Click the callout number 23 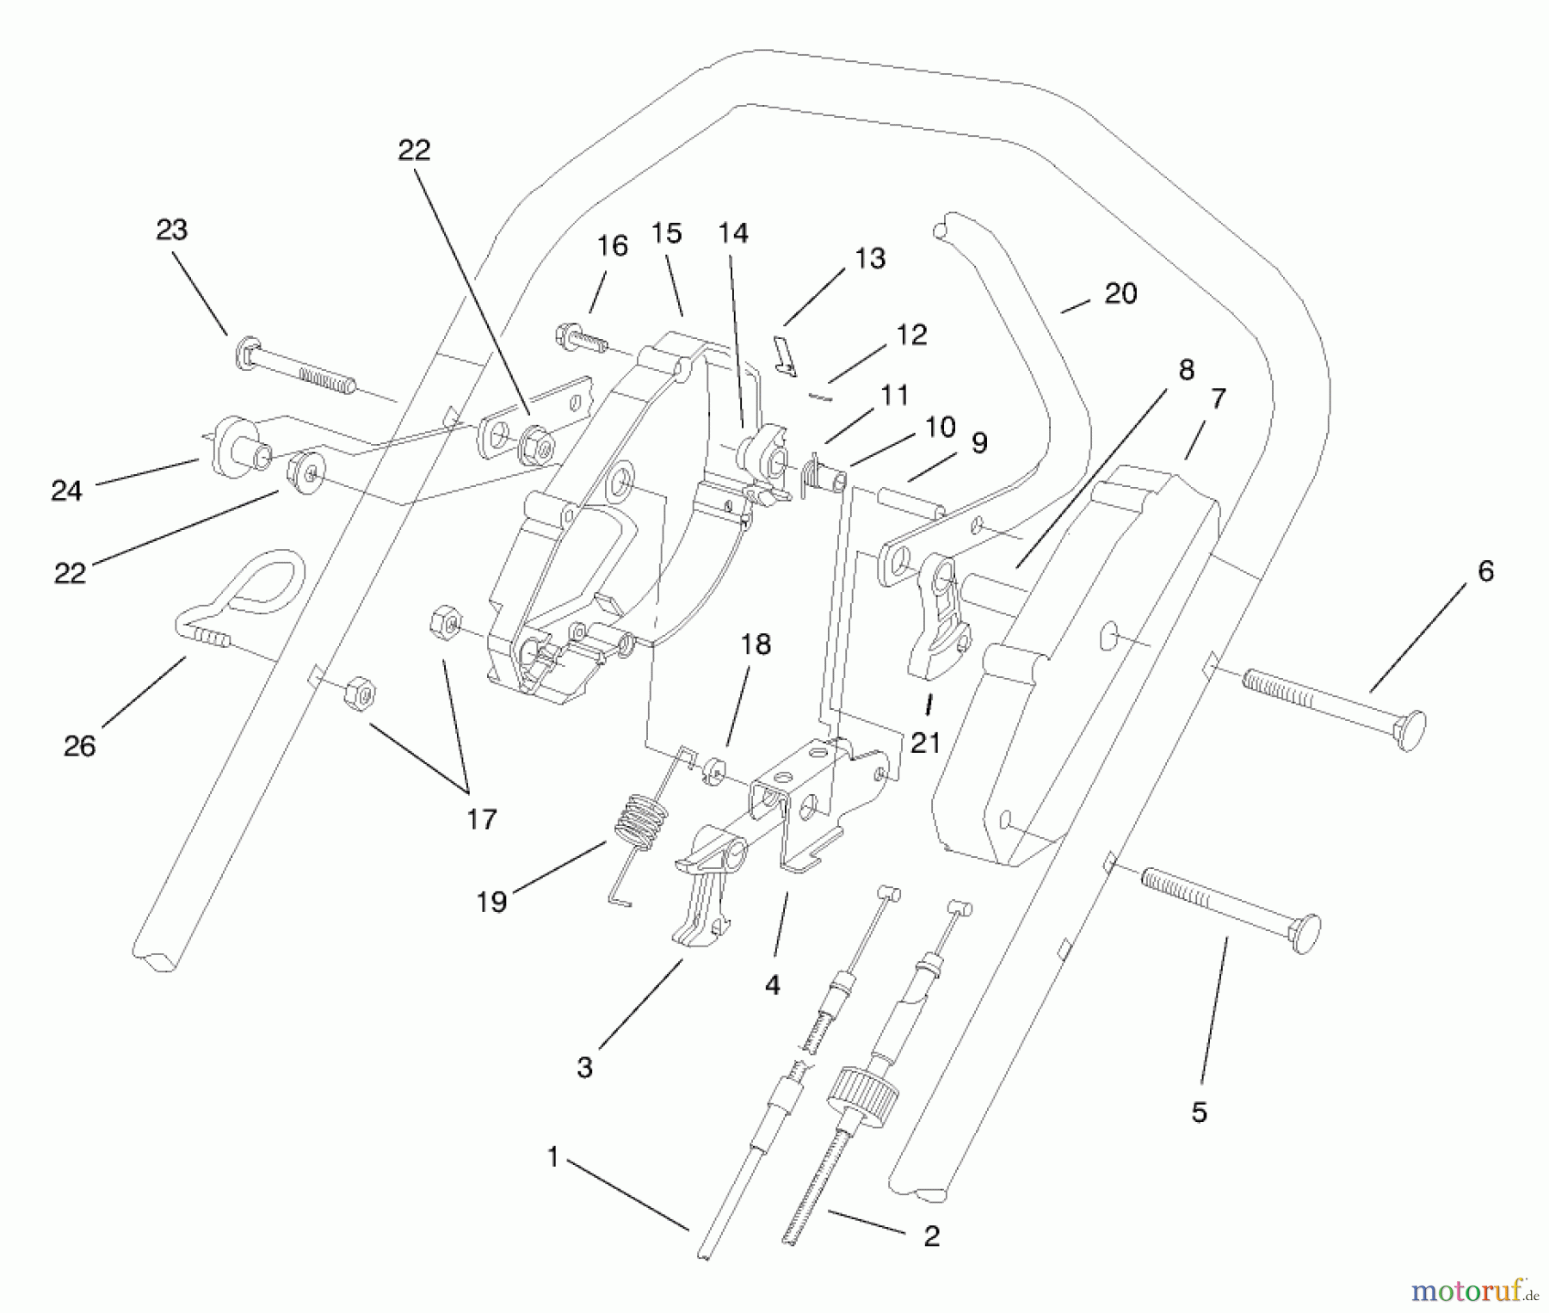(171, 230)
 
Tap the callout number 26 (79, 746)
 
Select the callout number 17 (482, 818)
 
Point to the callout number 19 (491, 902)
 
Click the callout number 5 (1199, 1112)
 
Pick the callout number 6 (1485, 570)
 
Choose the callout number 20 (1120, 293)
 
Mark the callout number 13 (871, 258)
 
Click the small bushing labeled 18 (713, 770)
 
